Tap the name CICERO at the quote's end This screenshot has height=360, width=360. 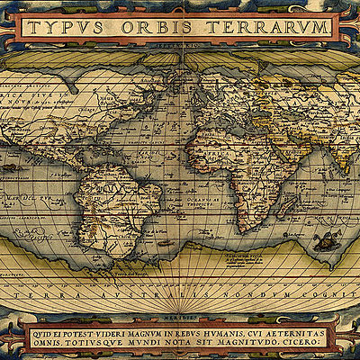pyautogui.click(x=301, y=342)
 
